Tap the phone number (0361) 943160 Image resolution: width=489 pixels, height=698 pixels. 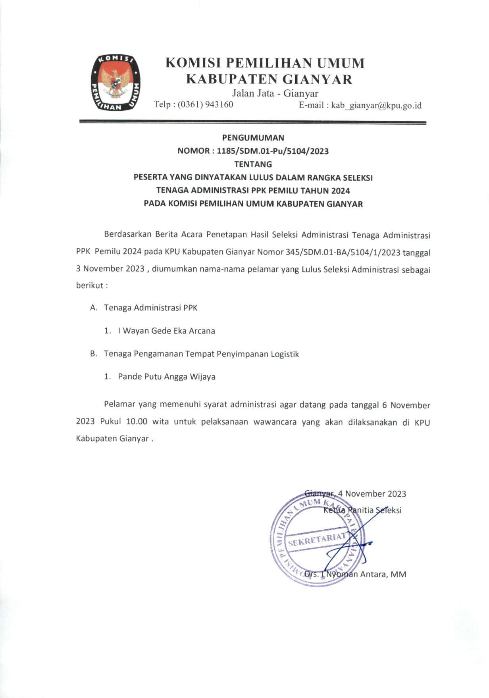pyautogui.click(x=205, y=105)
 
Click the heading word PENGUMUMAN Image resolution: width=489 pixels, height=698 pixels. pyautogui.click(x=253, y=138)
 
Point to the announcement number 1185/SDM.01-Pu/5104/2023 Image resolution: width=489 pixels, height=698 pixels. pyautogui.click(x=273, y=151)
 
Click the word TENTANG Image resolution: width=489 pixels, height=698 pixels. pyautogui.click(x=253, y=164)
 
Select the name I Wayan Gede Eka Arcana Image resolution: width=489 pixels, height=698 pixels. pyautogui.click(x=166, y=331)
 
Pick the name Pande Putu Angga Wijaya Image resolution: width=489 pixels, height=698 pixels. pyautogui.click(x=167, y=376)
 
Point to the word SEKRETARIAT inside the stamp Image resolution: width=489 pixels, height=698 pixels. pyautogui.click(x=317, y=540)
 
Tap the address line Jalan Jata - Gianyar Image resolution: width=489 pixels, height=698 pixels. pyautogui.click(x=275, y=94)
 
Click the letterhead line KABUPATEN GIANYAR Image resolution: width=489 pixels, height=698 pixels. pyautogui.click(x=270, y=79)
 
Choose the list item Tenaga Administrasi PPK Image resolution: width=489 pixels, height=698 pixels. pyautogui.click(x=150, y=308)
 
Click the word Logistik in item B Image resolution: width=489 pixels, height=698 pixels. pyautogui.click(x=285, y=354)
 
